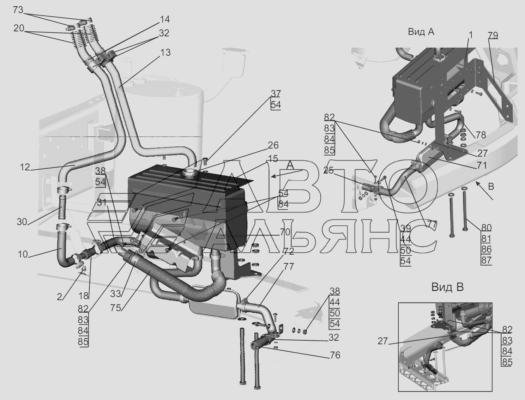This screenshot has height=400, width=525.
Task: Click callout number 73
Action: (18, 10)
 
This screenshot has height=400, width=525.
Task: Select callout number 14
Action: (164, 19)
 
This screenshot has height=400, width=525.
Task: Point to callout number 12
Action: (25, 167)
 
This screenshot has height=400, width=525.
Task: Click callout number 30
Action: (22, 222)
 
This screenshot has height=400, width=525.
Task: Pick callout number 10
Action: (23, 254)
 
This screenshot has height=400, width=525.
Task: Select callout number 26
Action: (273, 145)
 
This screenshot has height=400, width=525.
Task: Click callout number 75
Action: (115, 307)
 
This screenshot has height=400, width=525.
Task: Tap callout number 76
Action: (335, 355)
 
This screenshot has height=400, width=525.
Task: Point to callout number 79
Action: (493, 35)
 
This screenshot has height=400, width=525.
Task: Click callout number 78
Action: (481, 135)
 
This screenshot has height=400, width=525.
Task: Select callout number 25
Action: (328, 170)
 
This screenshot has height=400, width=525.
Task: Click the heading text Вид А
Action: (421, 32)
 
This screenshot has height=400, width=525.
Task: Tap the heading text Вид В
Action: (447, 287)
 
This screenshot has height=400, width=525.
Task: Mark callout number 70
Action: (285, 232)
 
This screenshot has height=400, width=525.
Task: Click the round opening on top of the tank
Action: (191, 173)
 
